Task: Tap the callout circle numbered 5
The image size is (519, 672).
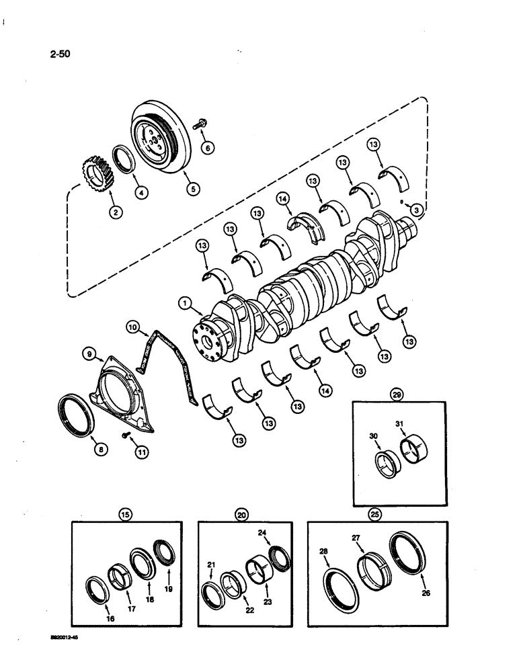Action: coord(192,190)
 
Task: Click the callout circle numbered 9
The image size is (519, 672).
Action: coord(87,352)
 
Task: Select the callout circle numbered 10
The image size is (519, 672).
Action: coord(132,327)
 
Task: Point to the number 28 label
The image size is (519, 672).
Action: coord(325,551)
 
